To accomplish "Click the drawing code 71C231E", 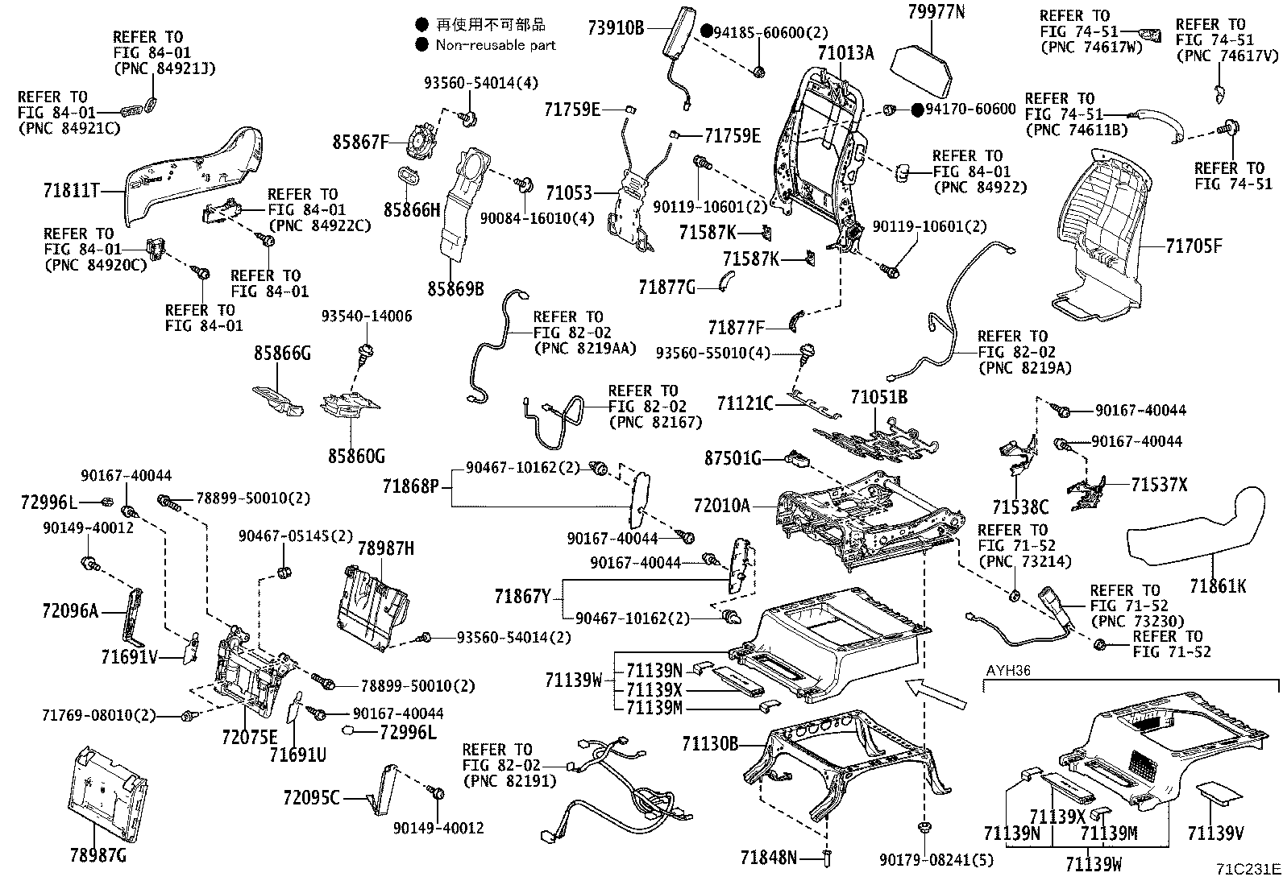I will pyautogui.click(x=1248, y=870).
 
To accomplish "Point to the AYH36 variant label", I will pyautogui.click(x=1008, y=670).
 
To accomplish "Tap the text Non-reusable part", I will pyautogui.click(x=496, y=45).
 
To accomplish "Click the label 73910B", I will pyautogui.click(x=616, y=28).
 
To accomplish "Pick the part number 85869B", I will pyautogui.click(x=455, y=287).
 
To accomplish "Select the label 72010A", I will pyautogui.click(x=721, y=506).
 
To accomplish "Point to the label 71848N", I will pyautogui.click(x=769, y=858).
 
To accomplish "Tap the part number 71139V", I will pyautogui.click(x=1216, y=832).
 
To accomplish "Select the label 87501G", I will pyautogui.click(x=733, y=458).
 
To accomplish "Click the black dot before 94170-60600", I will pyautogui.click(x=916, y=110).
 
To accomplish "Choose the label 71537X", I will pyautogui.click(x=1159, y=485).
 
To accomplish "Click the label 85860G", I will pyautogui.click(x=355, y=457).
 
